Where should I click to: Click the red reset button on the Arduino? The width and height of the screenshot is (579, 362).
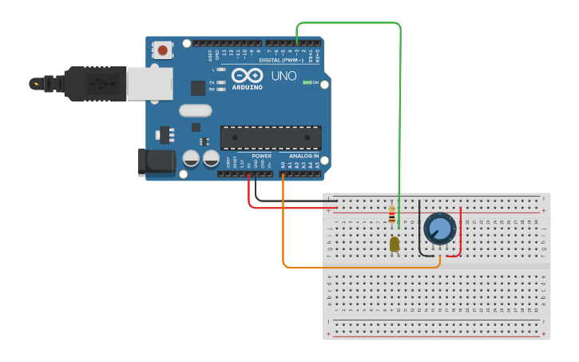pyautogui.click(x=163, y=50)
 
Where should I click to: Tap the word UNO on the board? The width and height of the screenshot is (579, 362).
pyautogui.click(x=285, y=77)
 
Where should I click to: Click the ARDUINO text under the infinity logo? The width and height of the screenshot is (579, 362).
pyautogui.click(x=247, y=87)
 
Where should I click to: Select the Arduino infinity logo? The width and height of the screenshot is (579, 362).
pyautogui.click(x=247, y=76)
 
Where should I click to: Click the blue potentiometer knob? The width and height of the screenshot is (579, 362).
pyautogui.click(x=439, y=229)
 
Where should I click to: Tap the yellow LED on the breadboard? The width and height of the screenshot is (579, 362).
pyautogui.click(x=395, y=244)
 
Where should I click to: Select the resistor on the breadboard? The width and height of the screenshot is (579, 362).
pyautogui.click(x=391, y=215)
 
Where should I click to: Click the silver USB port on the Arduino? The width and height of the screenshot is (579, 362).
pyautogui.click(x=149, y=83)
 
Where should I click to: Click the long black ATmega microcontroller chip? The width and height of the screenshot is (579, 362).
pyautogui.click(x=271, y=137)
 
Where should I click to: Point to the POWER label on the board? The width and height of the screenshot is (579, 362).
pyautogui.click(x=261, y=156)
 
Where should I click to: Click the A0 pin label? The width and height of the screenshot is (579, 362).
pyautogui.click(x=283, y=165)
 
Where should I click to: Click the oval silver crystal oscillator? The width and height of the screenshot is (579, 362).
pyautogui.click(x=196, y=110)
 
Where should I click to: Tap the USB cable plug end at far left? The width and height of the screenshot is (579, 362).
pyautogui.click(x=36, y=83)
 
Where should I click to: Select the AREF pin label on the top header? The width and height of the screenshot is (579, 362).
pyautogui.click(x=211, y=55)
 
